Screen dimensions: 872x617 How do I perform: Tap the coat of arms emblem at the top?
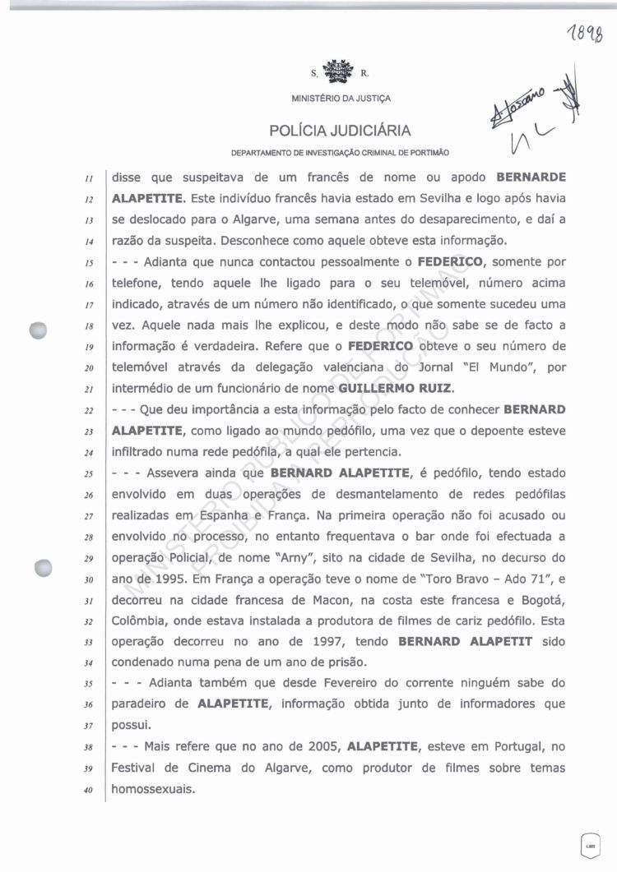335,72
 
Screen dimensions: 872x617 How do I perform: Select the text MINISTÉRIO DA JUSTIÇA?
341,99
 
